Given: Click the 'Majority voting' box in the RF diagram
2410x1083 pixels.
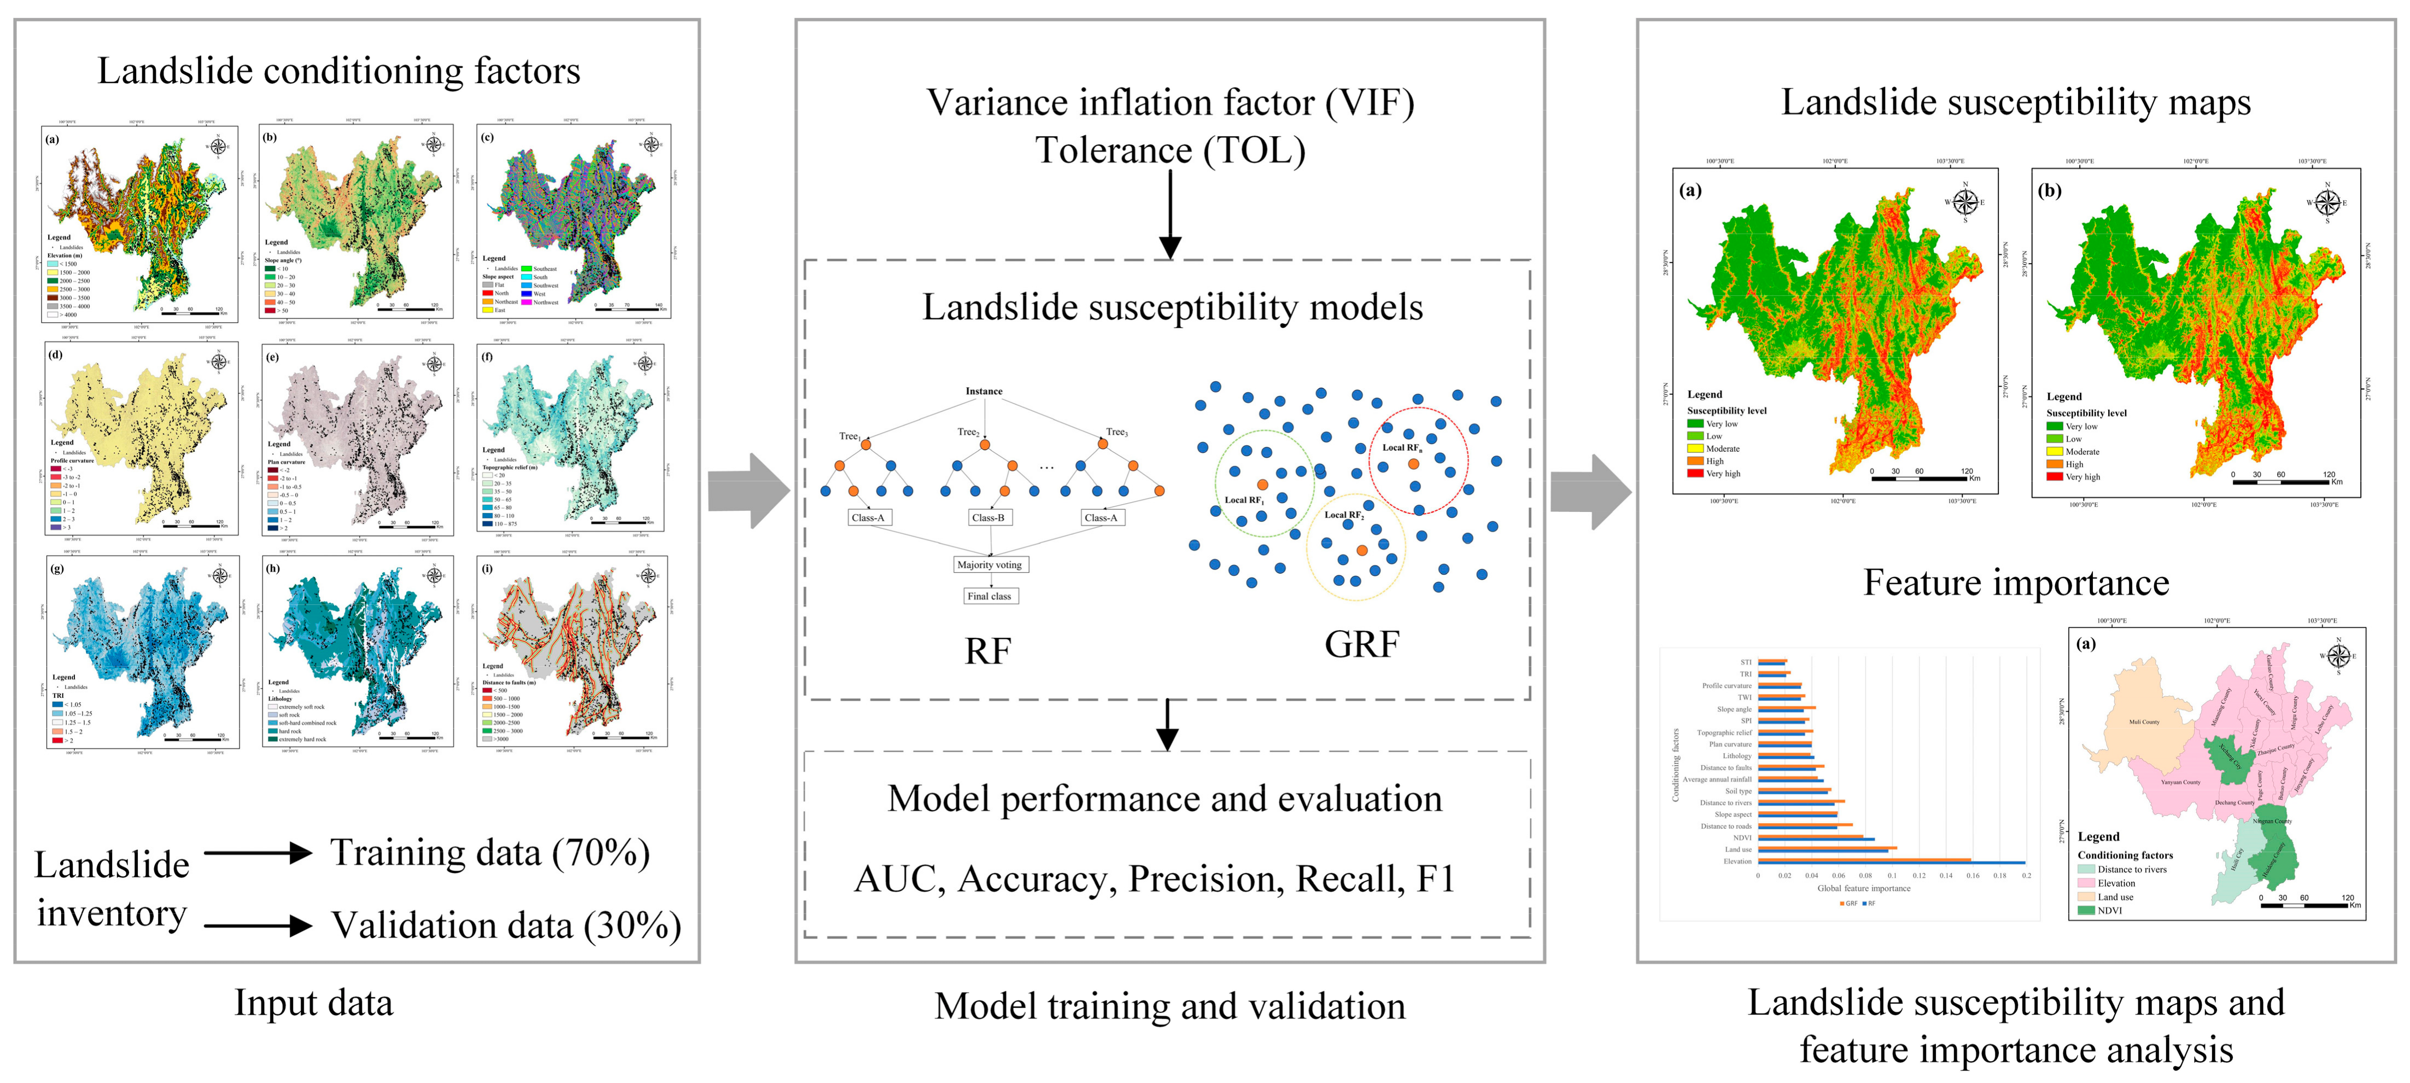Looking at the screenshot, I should pyautogui.click(x=989, y=564).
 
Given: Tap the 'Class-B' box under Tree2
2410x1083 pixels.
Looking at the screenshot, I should pyautogui.click(x=988, y=517).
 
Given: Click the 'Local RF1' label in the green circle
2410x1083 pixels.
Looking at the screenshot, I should pyautogui.click(x=1244, y=500).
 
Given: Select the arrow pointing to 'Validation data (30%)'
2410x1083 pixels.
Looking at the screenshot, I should pyautogui.click(x=258, y=925).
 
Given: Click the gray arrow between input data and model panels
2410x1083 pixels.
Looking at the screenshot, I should pyautogui.click(x=748, y=491).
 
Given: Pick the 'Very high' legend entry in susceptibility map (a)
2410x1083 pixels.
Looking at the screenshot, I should pyautogui.click(x=1722, y=474).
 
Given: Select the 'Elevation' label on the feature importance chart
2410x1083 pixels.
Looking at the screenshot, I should pyautogui.click(x=1738, y=861).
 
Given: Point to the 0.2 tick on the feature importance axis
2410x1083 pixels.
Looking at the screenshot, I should pyautogui.click(x=2026, y=875).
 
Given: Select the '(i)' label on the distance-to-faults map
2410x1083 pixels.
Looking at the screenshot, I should pyautogui.click(x=488, y=568).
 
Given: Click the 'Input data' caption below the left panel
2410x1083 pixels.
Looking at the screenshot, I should pyautogui.click(x=313, y=1003).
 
